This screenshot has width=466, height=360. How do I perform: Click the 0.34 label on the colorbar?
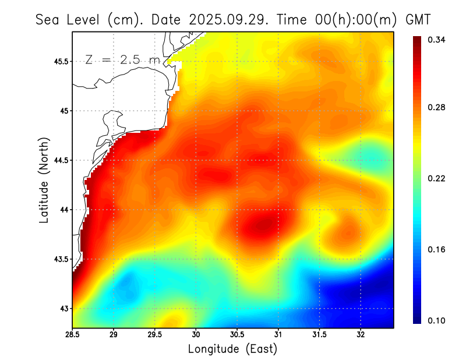click(437, 40)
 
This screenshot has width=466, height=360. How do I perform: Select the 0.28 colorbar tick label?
click(437, 107)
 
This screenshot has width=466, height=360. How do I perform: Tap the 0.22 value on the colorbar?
click(437, 178)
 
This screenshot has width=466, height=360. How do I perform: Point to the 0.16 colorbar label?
click(437, 249)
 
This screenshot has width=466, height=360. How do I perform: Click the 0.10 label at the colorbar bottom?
click(437, 320)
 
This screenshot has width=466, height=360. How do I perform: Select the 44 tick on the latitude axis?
click(63, 210)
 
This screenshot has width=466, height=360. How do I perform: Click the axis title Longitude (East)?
click(232, 349)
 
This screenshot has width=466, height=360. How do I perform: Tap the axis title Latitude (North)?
click(44, 180)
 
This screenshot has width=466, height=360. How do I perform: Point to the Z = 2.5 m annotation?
click(122, 60)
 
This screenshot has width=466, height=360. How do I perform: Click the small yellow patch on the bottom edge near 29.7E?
click(172, 321)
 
